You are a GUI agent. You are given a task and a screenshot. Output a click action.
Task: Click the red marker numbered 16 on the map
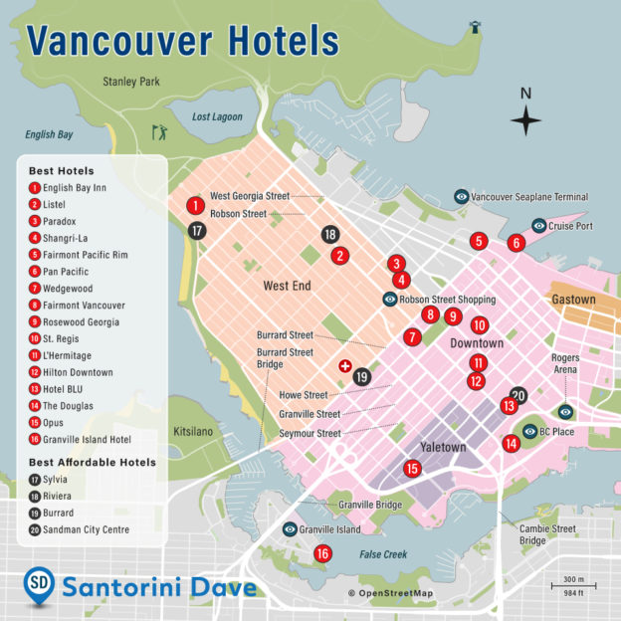pyautogui.click(x=322, y=553)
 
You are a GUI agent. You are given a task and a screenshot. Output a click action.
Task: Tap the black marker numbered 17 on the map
pyautogui.click(x=197, y=230)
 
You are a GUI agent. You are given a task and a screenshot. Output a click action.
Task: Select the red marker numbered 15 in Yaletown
pyautogui.click(x=412, y=468)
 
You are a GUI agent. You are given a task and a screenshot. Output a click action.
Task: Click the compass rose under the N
pyautogui.click(x=526, y=120)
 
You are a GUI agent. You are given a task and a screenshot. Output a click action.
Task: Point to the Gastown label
pyautogui.click(x=573, y=300)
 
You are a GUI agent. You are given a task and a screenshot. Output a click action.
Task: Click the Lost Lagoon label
pyautogui.click(x=217, y=117)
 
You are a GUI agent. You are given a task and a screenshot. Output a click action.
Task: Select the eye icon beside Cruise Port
pyautogui.click(x=538, y=226)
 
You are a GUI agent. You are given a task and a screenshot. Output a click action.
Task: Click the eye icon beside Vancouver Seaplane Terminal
pyautogui.click(x=462, y=197)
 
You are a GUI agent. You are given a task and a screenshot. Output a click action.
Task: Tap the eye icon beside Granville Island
pyautogui.click(x=290, y=530)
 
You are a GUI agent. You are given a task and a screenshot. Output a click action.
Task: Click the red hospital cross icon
pyautogui.click(x=345, y=366)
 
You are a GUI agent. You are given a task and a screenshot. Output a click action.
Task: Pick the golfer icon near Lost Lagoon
pyautogui.click(x=158, y=130)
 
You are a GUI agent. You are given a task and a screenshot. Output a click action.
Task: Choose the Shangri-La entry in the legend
pyautogui.click(x=66, y=238)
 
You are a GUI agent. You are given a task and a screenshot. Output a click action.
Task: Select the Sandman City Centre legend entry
pyautogui.click(x=86, y=529)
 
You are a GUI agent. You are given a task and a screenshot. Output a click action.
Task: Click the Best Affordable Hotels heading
pyautogui.click(x=92, y=462)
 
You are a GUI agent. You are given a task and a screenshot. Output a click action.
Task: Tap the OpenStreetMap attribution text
pyautogui.click(x=390, y=594)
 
